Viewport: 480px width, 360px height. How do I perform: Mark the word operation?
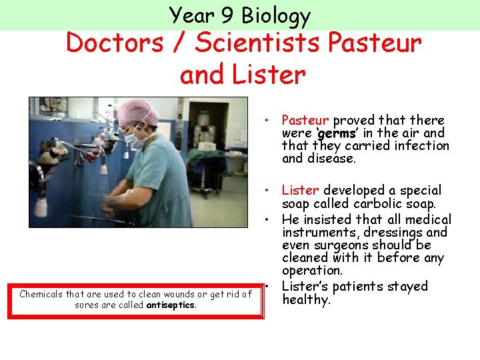pos(311,271)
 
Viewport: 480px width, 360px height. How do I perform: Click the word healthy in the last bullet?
pos(306,300)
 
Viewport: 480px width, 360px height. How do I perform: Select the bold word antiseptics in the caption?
pos(171,305)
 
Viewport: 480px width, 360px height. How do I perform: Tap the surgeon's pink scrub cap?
pos(136,111)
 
